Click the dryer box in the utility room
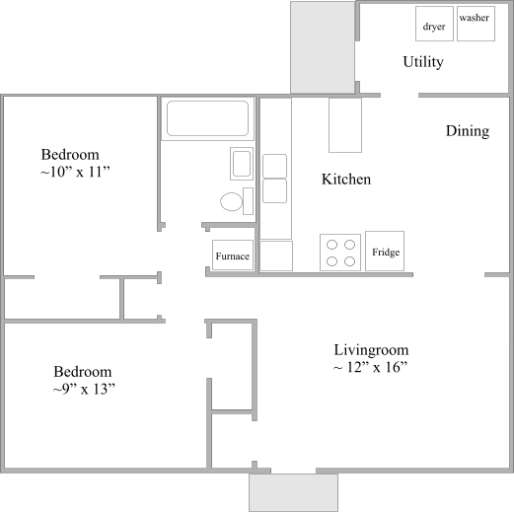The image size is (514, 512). pyautogui.click(x=434, y=24)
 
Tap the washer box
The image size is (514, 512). pyautogui.click(x=476, y=24)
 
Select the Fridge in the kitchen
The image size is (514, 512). pyautogui.click(x=385, y=251)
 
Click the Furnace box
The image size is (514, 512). pyautogui.click(x=233, y=256)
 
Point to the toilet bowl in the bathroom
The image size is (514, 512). pyautogui.click(x=232, y=201)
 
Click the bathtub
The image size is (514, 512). pyautogui.click(x=207, y=118)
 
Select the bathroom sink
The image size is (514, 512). pyautogui.click(x=242, y=164)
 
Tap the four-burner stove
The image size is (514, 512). pyautogui.click(x=340, y=253)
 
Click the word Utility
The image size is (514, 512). pyautogui.click(x=423, y=62)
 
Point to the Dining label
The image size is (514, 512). pyautogui.click(x=468, y=131)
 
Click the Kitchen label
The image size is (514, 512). pyautogui.click(x=346, y=180)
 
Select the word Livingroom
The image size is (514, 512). pyautogui.click(x=371, y=350)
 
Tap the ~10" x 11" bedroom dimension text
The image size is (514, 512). pyautogui.click(x=75, y=172)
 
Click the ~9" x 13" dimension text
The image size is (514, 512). pyautogui.click(x=84, y=390)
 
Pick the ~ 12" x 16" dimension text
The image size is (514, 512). pyautogui.click(x=371, y=367)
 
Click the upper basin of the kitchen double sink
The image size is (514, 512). pyautogui.click(x=274, y=166)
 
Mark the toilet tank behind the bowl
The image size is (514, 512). pyautogui.click(x=248, y=201)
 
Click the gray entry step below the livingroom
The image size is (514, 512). pyautogui.click(x=293, y=492)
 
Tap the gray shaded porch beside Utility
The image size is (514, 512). pyautogui.click(x=323, y=47)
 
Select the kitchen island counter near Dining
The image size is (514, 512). pyautogui.click(x=345, y=125)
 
